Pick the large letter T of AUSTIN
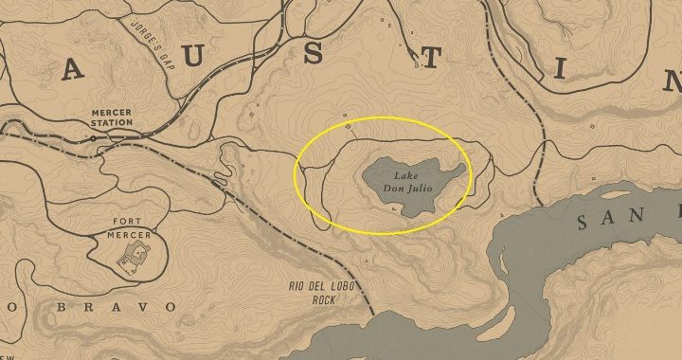[x=430, y=59]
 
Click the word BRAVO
[x=141, y=307]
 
